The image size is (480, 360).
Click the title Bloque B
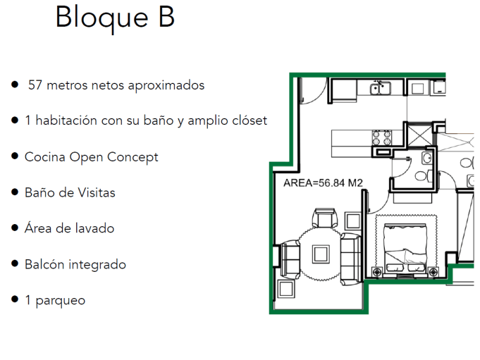coord(115,18)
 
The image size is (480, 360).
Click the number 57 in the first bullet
coord(35,85)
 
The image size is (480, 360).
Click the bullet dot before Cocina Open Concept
coord(15,156)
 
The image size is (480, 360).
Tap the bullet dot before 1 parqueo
coord(15,299)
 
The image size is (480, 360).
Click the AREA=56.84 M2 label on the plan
coord(323,182)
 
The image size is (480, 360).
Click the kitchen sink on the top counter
coord(381,87)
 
